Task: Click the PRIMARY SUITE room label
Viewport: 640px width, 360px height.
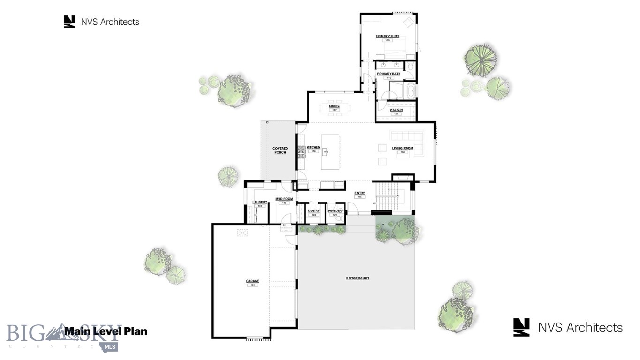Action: pos(387,36)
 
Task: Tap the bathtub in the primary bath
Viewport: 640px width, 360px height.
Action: pos(411,90)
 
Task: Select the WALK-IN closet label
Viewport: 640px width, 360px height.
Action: pos(396,110)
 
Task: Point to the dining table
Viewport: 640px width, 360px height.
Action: pos(334,108)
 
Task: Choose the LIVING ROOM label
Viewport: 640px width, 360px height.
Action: pos(402,148)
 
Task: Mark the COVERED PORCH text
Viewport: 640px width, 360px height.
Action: pos(280,150)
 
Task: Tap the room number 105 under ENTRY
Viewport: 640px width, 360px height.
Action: pos(360,197)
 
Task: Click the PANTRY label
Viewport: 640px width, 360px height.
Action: pos(313,211)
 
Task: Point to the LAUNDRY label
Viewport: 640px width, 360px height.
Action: pos(260,202)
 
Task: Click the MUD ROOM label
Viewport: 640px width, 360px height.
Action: pos(284,199)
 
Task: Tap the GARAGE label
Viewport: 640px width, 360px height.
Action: pos(252,281)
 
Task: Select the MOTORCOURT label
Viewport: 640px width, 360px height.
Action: pos(357,278)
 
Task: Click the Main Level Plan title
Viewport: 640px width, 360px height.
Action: pos(105,331)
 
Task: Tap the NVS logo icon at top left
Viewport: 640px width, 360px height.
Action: pos(69,22)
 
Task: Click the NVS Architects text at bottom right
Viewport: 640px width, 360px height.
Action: pos(580,327)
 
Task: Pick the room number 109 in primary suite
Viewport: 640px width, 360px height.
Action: pos(387,41)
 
